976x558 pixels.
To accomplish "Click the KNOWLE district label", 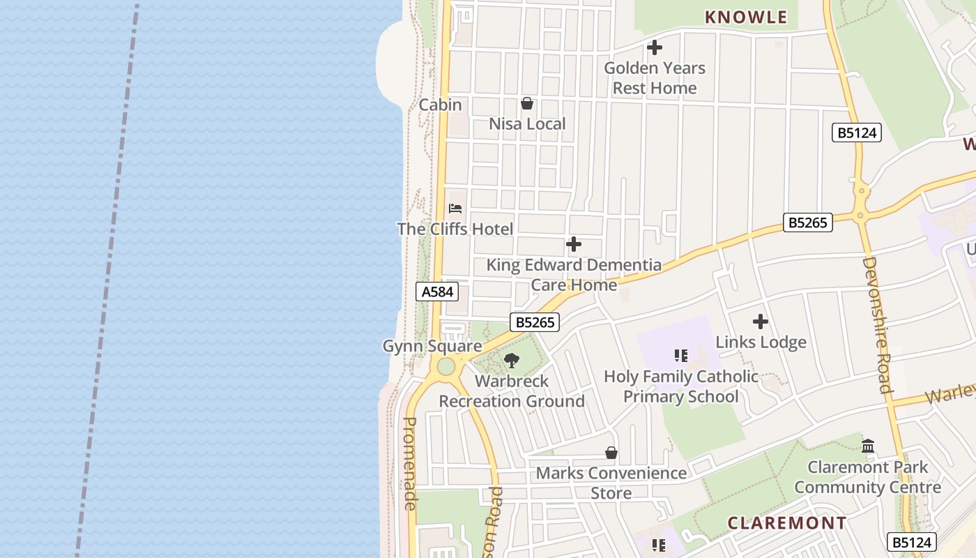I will [x=746, y=17].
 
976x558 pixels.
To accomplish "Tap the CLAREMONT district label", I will [x=787, y=522].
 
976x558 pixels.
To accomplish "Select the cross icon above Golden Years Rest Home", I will [x=655, y=48].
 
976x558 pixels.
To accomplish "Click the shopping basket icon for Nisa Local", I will [x=527, y=104].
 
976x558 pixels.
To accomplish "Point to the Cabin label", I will [x=440, y=105].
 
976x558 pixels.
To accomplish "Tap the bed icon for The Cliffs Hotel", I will [x=455, y=209].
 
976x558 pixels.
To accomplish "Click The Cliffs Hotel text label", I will [x=455, y=229].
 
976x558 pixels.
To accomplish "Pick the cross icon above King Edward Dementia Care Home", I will [x=574, y=244].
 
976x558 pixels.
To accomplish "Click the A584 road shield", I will [x=437, y=292].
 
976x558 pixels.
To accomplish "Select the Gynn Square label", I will [x=432, y=346].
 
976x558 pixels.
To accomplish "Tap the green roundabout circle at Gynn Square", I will [x=445, y=366].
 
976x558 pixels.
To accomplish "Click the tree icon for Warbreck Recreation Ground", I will [x=512, y=361].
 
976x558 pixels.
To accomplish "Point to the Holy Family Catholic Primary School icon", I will [x=681, y=356].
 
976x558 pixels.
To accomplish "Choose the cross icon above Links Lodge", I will [x=761, y=322].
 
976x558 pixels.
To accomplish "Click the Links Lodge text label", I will [x=761, y=342].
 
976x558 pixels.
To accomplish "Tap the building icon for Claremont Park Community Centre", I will [x=868, y=446].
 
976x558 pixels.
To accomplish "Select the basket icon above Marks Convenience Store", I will [x=611, y=453].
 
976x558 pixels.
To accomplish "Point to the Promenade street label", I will [x=411, y=463].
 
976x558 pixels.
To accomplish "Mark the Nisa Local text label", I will [x=527, y=124].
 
